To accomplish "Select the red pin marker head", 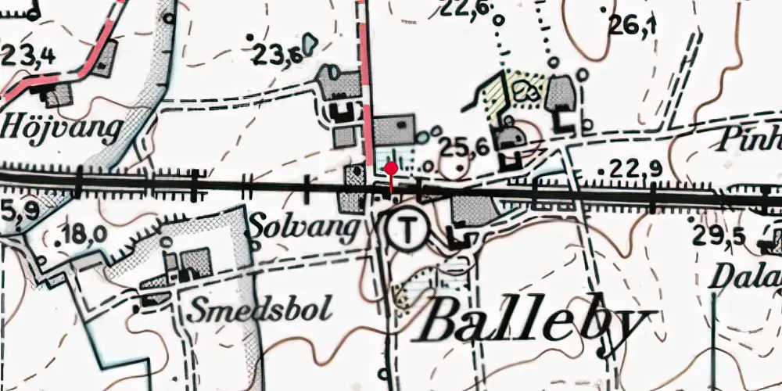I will (x=391, y=168).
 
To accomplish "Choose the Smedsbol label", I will (x=260, y=307).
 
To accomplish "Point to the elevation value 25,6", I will (x=464, y=145).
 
